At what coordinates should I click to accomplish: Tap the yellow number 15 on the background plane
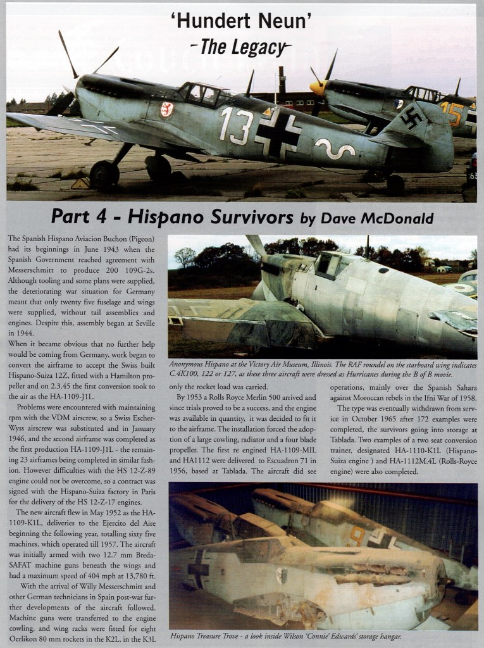pos(451,114)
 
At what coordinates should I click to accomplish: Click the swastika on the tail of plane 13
pos(411,118)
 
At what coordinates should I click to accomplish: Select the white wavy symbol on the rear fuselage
pos(335,149)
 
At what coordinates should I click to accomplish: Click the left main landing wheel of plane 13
pos(104,175)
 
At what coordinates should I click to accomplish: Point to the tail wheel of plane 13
pos(395,184)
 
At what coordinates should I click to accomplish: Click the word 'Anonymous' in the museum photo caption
pos(192,364)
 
